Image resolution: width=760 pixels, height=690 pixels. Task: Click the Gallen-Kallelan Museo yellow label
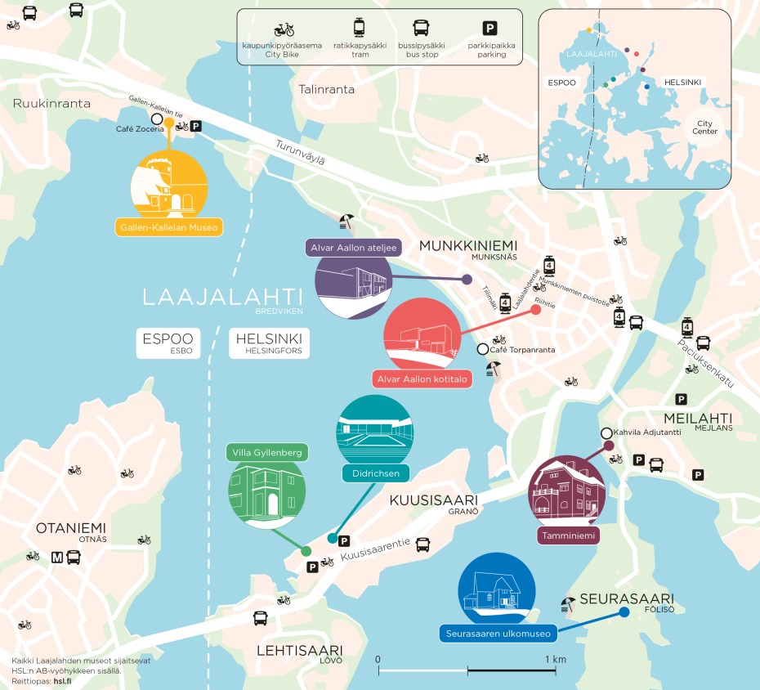pos(169,227)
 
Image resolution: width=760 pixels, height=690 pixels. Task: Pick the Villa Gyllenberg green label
pos(267,453)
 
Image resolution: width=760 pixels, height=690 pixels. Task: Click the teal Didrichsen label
pos(375,473)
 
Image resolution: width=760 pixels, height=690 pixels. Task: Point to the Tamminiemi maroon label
pos(568,536)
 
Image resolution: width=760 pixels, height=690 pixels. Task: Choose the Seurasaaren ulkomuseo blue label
pos(498,634)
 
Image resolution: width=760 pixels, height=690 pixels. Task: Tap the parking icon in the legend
pos(490,29)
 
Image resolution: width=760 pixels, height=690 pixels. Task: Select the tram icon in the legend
pos(357,29)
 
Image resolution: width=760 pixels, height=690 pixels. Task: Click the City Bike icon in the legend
pos(284,29)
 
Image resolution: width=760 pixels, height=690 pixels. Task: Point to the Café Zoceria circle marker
pos(157,119)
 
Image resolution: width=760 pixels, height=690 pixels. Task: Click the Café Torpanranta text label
pos(523,350)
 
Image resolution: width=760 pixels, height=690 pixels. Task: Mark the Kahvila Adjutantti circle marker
pos(606,433)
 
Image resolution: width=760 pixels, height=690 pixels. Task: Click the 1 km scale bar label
pos(555,659)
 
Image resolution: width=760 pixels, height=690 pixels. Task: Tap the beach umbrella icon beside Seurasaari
pos(567,605)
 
